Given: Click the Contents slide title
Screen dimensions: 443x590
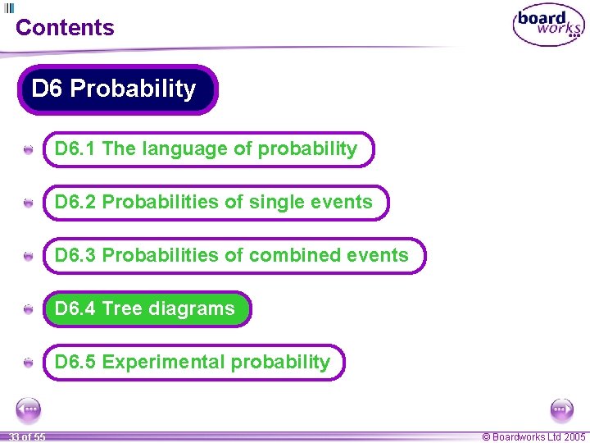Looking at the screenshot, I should click(65, 27).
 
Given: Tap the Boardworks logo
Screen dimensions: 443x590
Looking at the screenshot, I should click(548, 26).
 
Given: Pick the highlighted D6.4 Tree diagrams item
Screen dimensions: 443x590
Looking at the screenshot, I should click(147, 309).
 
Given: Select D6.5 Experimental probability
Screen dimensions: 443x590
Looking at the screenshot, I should click(193, 363).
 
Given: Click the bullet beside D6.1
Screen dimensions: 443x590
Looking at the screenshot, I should click(29, 151).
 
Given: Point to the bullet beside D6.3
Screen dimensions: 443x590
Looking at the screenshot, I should click(29, 258).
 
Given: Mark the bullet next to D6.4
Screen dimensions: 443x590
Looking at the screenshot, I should click(29, 310).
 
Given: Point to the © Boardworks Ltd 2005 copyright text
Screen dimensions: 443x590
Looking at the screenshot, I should click(533, 437).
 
